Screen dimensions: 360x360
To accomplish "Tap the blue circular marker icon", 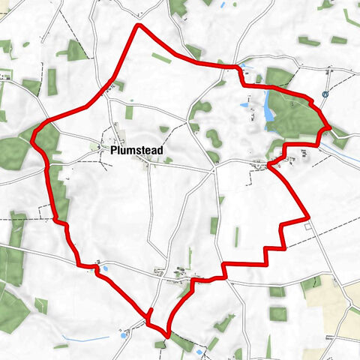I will tap(325, 94).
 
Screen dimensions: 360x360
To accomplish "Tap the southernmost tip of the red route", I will tap(166, 331).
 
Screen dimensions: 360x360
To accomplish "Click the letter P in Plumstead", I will tap(113, 150).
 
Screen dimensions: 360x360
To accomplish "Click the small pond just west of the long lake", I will tap(245, 106).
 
